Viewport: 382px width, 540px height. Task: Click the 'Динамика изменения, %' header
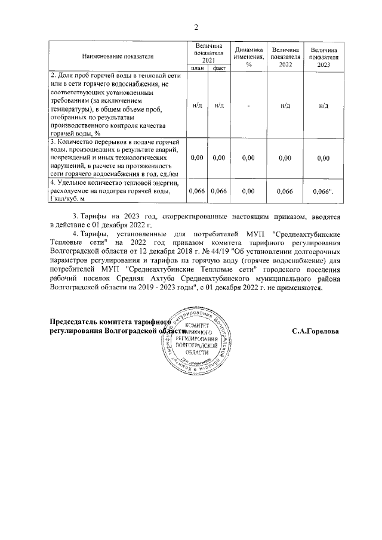[x=249, y=56]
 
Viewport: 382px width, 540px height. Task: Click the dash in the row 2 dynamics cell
[x=249, y=106]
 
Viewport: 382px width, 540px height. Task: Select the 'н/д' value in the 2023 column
[x=324, y=106]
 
